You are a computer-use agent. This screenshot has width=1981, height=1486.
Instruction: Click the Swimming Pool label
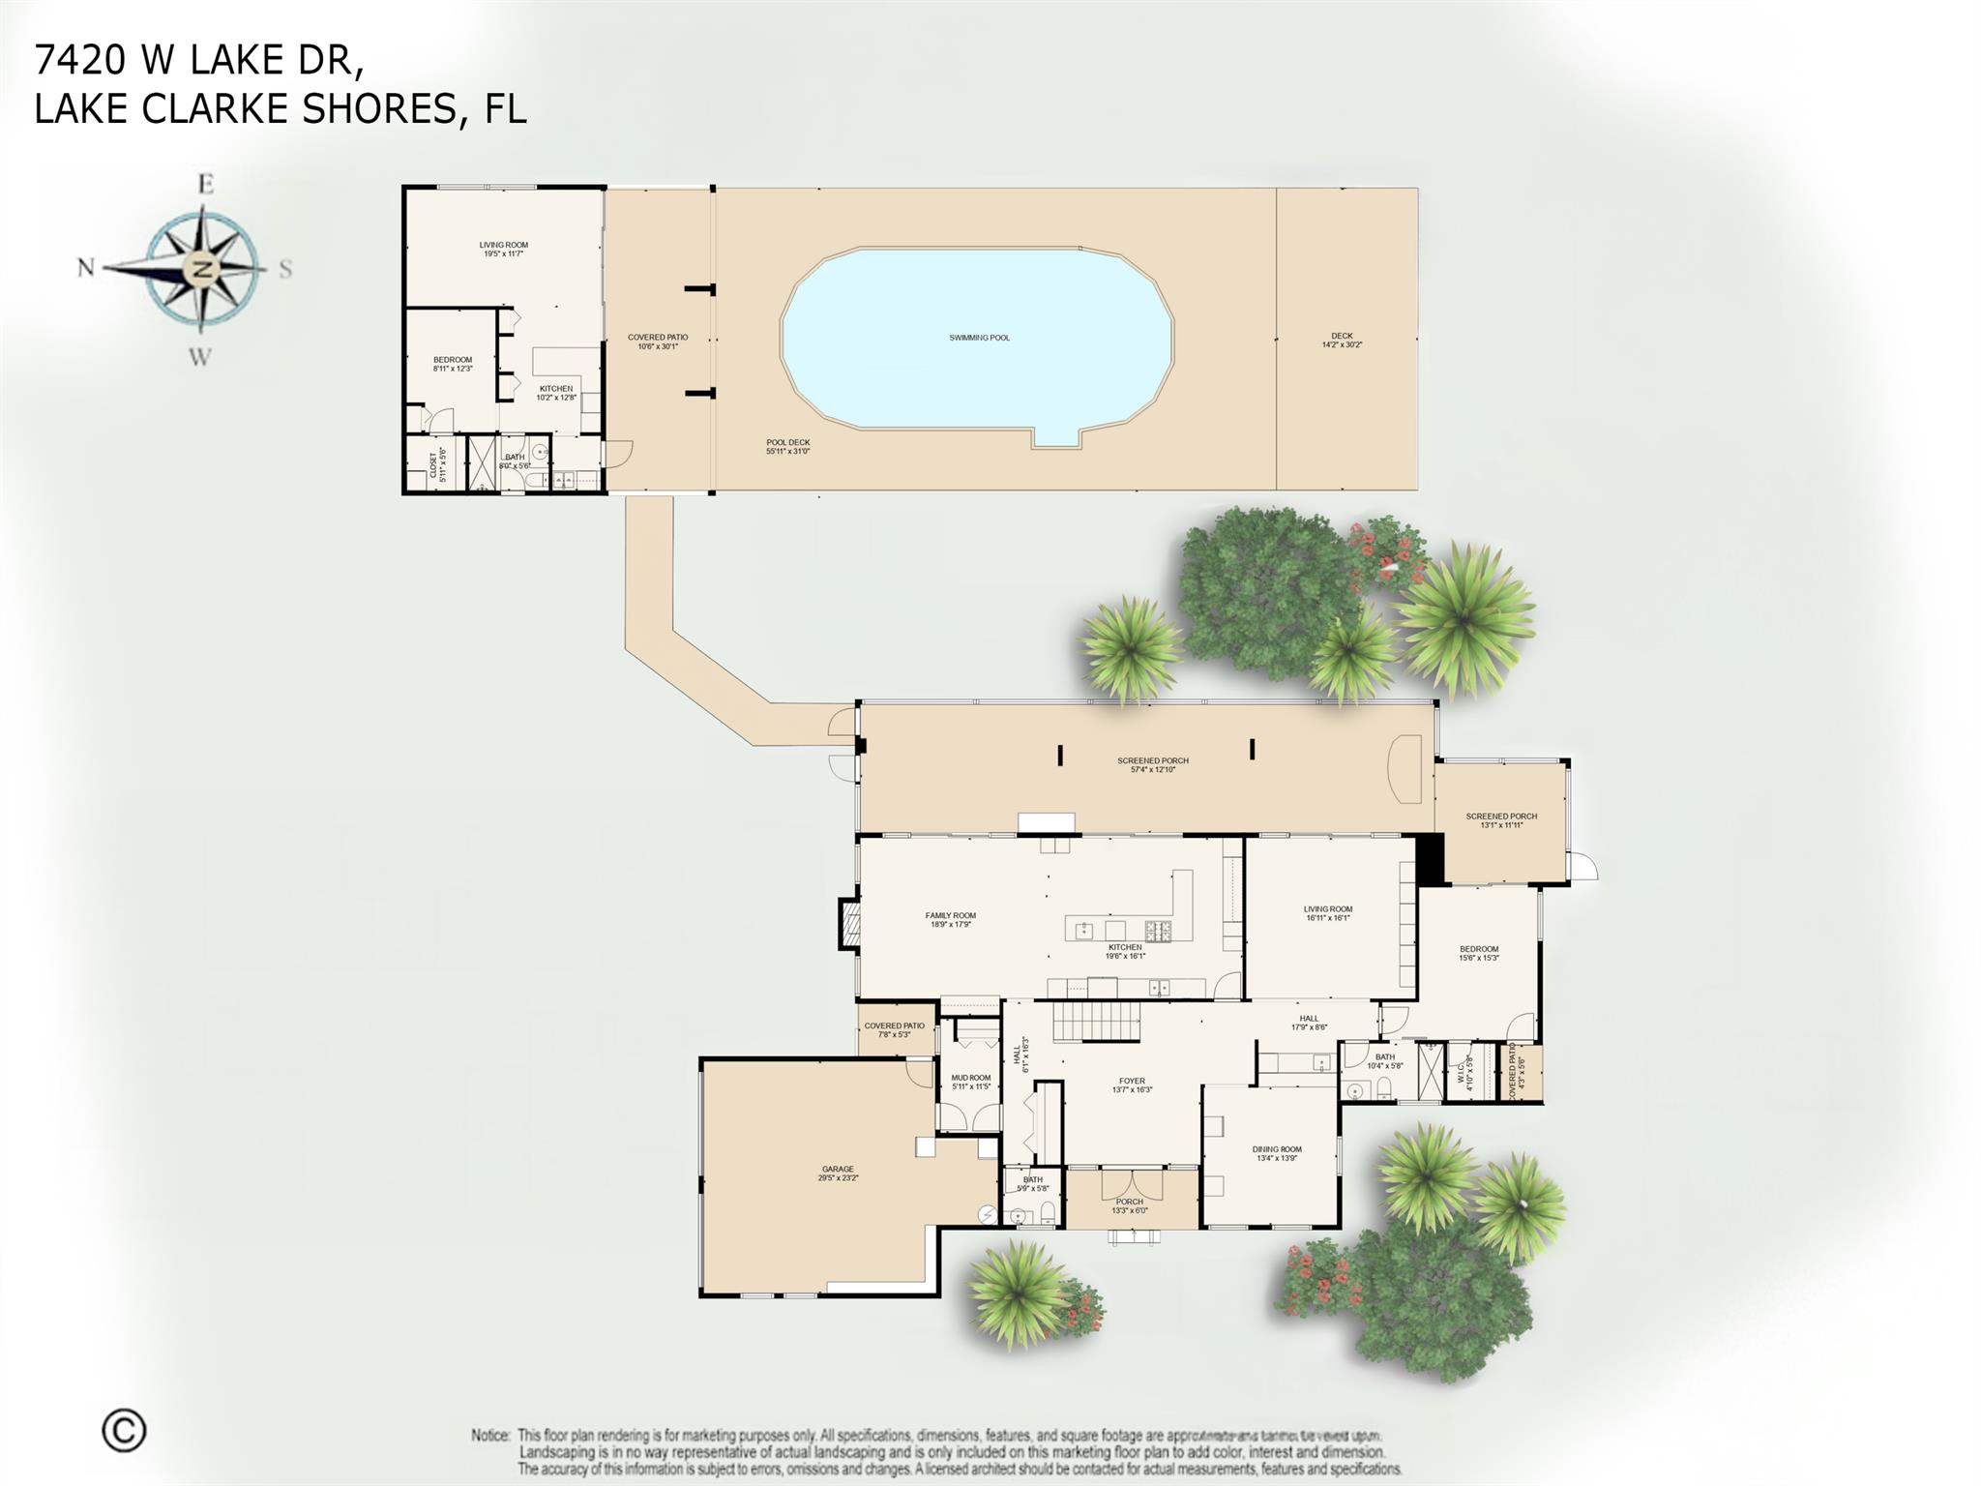979,338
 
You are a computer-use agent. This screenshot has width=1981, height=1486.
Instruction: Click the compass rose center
203,268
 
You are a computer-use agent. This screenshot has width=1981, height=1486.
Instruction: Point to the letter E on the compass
205,184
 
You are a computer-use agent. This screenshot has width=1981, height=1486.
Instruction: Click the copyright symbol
124,1431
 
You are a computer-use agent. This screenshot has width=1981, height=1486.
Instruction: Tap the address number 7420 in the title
80,60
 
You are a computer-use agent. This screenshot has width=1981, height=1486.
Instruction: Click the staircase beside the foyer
1096,1023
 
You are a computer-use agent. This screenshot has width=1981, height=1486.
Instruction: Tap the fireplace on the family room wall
848,923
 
